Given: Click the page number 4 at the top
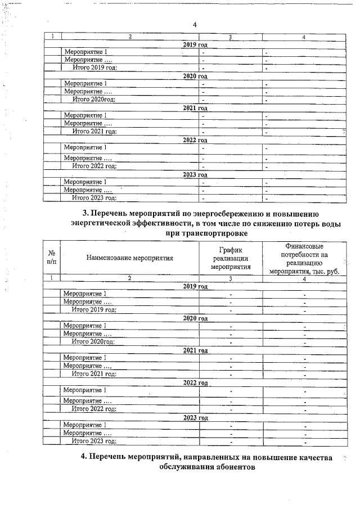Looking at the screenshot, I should click(194, 25).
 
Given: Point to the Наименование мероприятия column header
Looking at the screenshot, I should click(129, 258).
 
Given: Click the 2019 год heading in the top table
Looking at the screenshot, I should click(195, 44).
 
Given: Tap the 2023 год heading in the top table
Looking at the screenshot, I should click(195, 174).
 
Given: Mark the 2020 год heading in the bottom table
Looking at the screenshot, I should click(195, 318).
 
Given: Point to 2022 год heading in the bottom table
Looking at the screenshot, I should click(195, 382).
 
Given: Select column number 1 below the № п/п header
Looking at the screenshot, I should click(52, 278).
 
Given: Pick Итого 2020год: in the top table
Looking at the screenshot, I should click(94, 99).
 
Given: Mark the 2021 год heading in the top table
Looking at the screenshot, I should click(195, 107).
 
